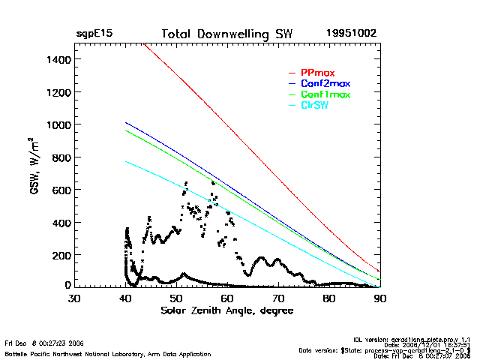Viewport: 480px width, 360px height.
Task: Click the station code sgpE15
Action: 94,34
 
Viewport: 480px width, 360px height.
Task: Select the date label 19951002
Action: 351,34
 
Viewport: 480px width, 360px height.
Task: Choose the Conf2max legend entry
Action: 325,83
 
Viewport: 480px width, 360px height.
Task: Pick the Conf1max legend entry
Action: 325,94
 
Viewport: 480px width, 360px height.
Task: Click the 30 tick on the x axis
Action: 74,298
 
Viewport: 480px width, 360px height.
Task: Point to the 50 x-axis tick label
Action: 176,298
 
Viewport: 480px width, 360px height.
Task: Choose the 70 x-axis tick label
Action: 278,298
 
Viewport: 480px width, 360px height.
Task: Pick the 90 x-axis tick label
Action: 380,298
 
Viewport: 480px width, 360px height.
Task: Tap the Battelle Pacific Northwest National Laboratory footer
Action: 107,353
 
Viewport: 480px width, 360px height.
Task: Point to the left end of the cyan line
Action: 126,161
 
